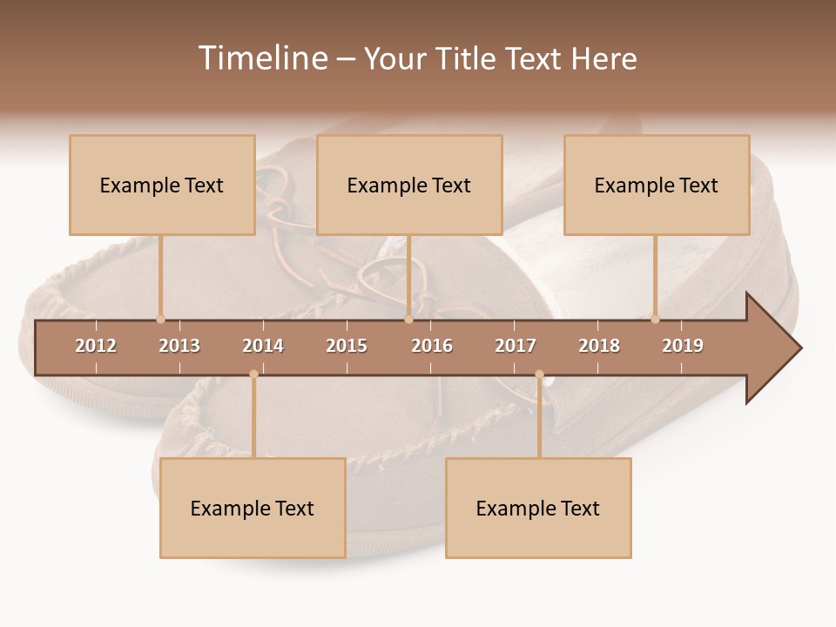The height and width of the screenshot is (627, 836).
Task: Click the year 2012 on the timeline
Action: click(x=96, y=346)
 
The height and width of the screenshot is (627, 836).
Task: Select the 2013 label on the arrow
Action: click(x=179, y=346)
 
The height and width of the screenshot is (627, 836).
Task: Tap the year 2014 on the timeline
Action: click(x=263, y=346)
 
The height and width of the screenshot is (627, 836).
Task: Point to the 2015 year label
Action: click(x=347, y=346)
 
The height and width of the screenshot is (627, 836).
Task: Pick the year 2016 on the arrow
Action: click(x=432, y=346)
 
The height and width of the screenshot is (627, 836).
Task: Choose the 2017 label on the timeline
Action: click(x=516, y=346)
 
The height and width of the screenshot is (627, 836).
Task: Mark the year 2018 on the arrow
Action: click(x=599, y=346)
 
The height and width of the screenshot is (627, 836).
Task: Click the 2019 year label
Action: click(x=683, y=346)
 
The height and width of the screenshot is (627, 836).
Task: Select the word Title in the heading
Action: click(x=466, y=58)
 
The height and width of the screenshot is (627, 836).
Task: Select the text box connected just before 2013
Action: click(x=162, y=185)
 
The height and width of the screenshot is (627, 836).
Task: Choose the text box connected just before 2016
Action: click(x=409, y=185)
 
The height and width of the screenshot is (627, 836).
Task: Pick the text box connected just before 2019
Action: click(x=657, y=185)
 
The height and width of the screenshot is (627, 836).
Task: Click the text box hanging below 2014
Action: click(x=253, y=508)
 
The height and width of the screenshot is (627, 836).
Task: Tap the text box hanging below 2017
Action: click(x=538, y=508)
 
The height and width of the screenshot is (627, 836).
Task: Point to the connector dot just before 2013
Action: click(x=160, y=319)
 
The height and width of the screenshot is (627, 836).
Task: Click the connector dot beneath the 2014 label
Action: click(x=253, y=374)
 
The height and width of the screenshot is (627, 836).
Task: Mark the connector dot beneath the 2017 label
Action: click(x=539, y=374)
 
